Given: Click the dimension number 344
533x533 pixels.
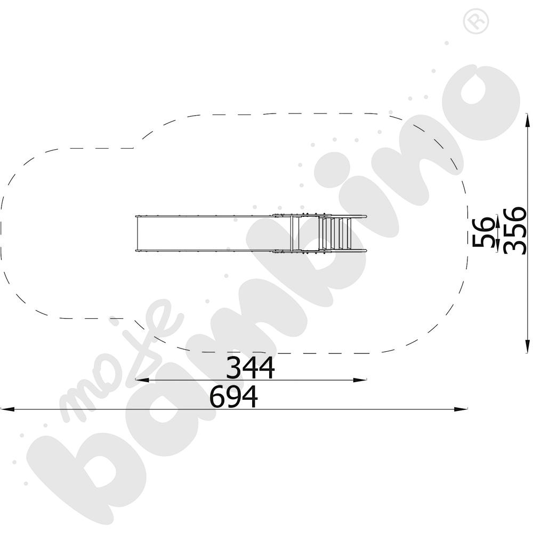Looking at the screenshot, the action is tap(250, 368).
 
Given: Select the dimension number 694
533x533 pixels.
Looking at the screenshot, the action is tap(234, 397).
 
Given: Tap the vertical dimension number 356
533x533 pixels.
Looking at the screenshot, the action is tap(514, 231).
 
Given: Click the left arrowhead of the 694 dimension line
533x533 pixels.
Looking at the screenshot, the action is tap(7, 409).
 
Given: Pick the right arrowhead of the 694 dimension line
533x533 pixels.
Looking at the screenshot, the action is tap(461, 409).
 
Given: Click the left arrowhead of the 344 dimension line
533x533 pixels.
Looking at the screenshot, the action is tap(142, 380).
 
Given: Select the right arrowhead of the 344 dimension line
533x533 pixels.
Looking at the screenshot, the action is tap(360, 380).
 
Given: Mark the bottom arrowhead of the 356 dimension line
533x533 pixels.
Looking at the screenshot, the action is tap(527, 346).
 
